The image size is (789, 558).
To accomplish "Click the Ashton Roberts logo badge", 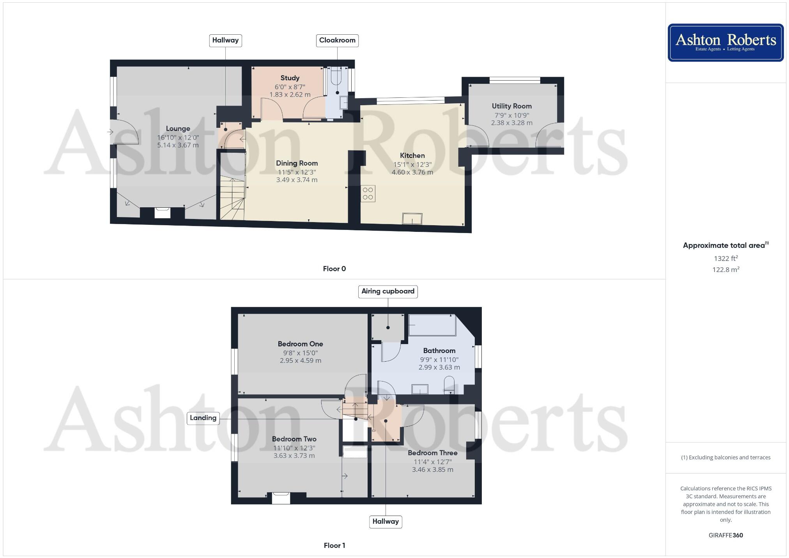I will click(x=725, y=42).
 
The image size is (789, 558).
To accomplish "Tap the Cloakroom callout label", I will click(x=337, y=41).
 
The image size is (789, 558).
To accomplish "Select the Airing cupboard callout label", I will click(x=387, y=291).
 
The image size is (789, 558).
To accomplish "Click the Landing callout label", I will click(x=203, y=418).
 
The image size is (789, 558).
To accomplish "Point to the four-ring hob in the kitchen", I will click(x=368, y=193).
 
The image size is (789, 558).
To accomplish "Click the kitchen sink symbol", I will click(x=412, y=219).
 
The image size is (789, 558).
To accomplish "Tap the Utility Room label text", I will click(x=511, y=106).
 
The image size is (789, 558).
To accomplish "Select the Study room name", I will click(x=290, y=78).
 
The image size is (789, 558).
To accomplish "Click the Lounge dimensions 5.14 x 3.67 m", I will click(x=178, y=145).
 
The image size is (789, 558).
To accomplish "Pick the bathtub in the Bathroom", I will click(x=432, y=325).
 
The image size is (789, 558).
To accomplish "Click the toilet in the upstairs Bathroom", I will click(x=449, y=383).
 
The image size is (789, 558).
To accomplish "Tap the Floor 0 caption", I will click(x=334, y=269).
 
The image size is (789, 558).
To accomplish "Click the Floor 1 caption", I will click(x=334, y=546).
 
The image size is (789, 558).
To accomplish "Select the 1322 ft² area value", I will click(x=725, y=258).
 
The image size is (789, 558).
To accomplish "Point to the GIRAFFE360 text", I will click(x=725, y=535).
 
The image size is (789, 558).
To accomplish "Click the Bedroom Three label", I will click(x=432, y=453).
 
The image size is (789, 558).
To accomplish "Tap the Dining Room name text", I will click(x=297, y=163).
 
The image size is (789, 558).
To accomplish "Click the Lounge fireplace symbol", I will click(x=162, y=213).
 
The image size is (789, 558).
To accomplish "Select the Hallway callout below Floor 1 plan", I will click(x=386, y=521).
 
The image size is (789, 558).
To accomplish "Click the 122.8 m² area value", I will click(x=725, y=270).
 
